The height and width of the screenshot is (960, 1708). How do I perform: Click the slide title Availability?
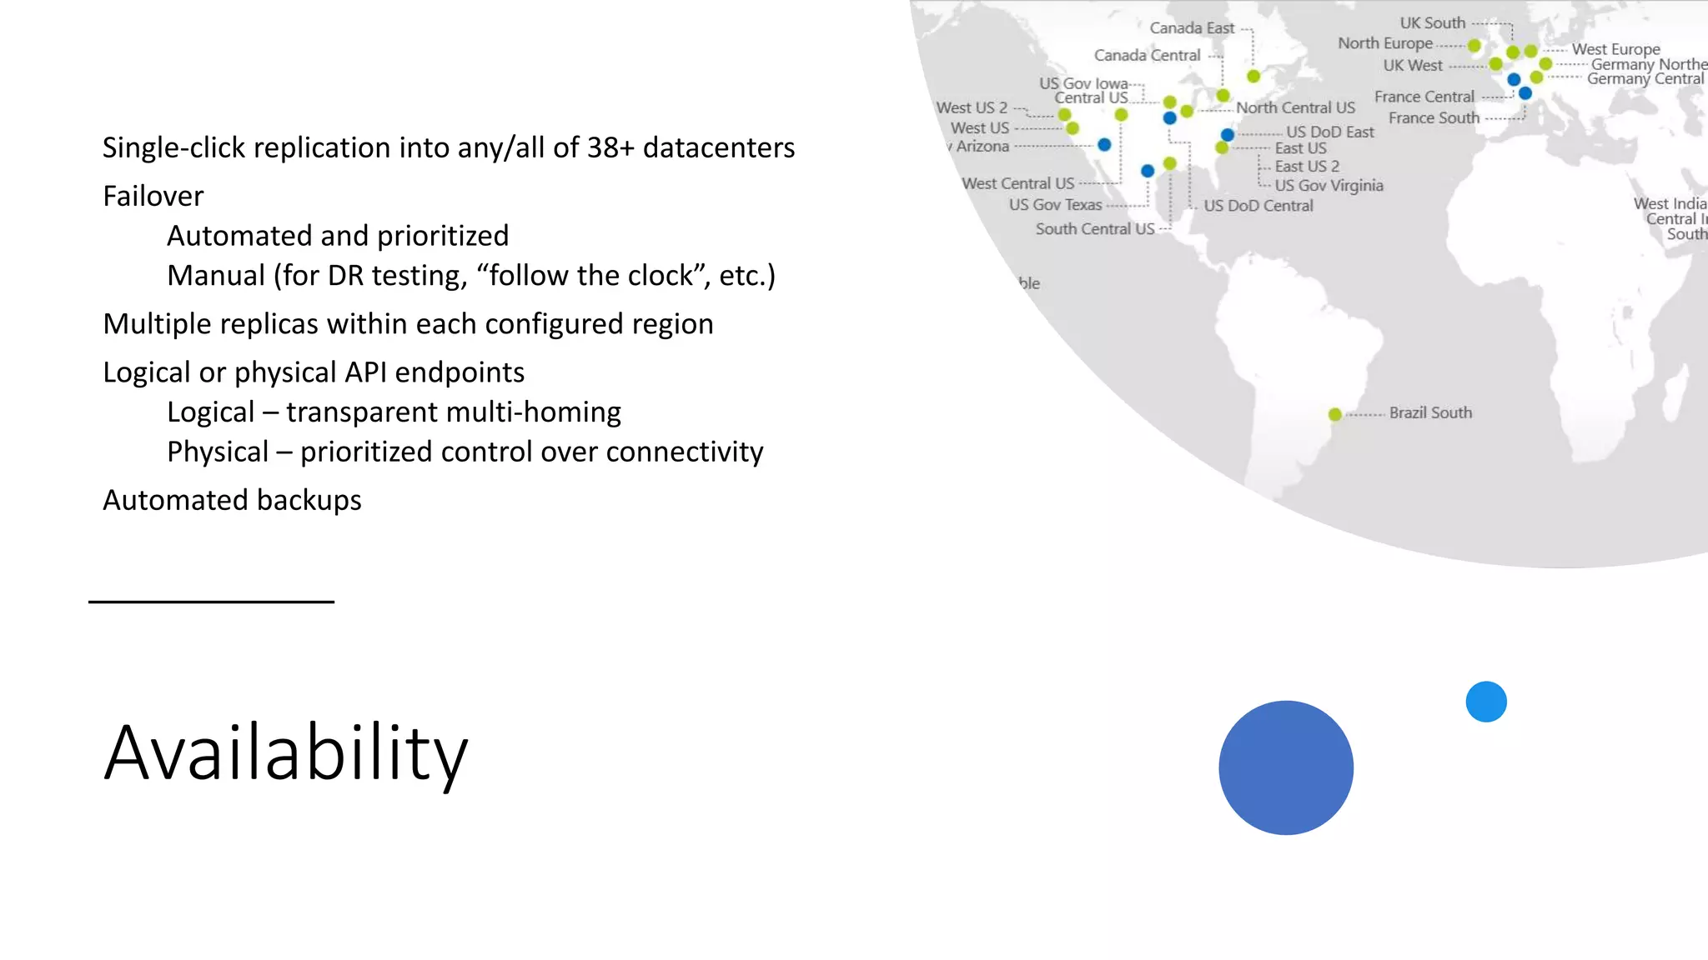[x=285, y=753]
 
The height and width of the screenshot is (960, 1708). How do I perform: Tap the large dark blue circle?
[x=1285, y=767]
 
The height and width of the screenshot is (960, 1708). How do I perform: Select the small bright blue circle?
[x=1485, y=702]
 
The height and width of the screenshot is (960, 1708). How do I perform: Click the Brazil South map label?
[x=1429, y=412]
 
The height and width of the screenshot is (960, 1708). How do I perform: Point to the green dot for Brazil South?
[x=1334, y=414]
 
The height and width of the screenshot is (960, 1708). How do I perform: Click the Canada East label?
[x=1191, y=28]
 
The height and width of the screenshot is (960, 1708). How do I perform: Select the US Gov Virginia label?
[x=1329, y=185]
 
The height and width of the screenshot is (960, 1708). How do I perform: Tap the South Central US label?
[x=1094, y=228]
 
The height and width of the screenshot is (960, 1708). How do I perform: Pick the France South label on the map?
[x=1433, y=118]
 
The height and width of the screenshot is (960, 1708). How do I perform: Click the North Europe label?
[x=1384, y=43]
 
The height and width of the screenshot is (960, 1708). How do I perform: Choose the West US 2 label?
[x=972, y=107]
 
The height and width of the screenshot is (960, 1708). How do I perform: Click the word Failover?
[x=153, y=196]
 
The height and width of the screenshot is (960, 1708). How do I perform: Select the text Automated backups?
[x=232, y=500]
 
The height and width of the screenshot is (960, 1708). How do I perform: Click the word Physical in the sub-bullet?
[x=217, y=452]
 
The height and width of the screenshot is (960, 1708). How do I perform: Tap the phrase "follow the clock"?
[x=590, y=275]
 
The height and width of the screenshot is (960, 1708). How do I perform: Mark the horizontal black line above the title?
[x=211, y=602]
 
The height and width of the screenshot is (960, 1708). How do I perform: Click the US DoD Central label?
[x=1258, y=206]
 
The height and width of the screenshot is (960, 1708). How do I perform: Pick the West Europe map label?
[x=1615, y=49]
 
